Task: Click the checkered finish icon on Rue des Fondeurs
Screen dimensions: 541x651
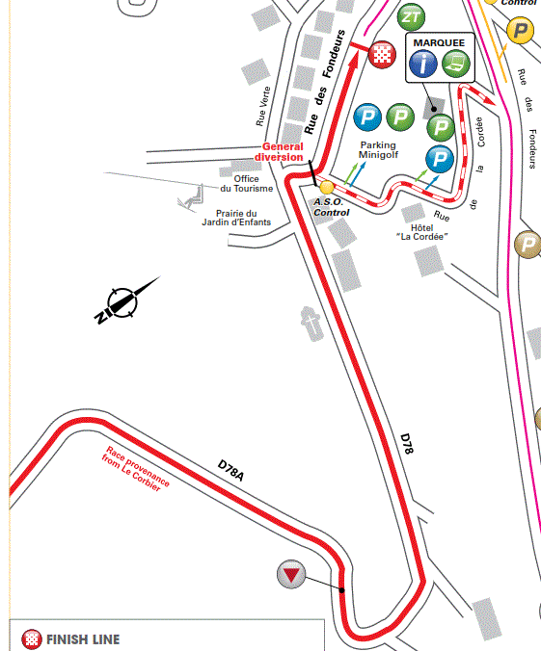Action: (384, 54)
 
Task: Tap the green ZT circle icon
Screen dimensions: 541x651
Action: (411, 17)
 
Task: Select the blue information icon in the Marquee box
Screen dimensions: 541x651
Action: (423, 65)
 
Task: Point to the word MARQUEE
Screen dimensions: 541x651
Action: (438, 43)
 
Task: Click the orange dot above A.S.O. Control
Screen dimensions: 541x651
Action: (327, 187)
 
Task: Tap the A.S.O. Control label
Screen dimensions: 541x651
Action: (331, 207)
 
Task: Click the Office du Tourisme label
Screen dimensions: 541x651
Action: (254, 183)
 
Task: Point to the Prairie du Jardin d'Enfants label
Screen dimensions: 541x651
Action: (236, 218)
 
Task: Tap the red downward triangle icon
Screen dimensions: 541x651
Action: (291, 576)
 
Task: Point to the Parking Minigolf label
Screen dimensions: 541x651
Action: (378, 151)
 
